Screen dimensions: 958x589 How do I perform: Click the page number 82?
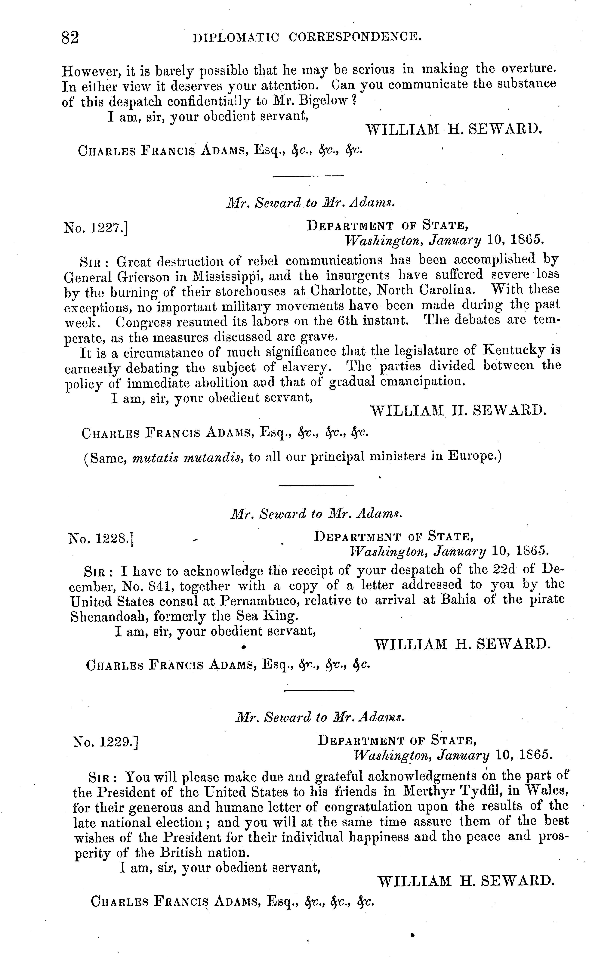[x=70, y=38]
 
